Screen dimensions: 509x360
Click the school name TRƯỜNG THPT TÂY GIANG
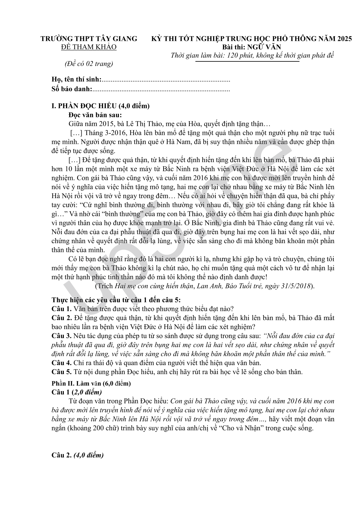(x=89, y=39)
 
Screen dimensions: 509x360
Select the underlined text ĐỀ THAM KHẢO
(x=89, y=47)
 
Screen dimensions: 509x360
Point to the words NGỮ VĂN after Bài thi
(x=264, y=47)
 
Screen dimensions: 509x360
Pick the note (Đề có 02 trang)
(x=89, y=64)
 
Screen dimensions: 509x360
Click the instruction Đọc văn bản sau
(x=95, y=115)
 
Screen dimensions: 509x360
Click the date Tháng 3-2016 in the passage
(x=103, y=133)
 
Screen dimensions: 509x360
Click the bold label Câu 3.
(x=61, y=336)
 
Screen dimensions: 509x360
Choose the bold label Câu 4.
(x=61, y=363)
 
